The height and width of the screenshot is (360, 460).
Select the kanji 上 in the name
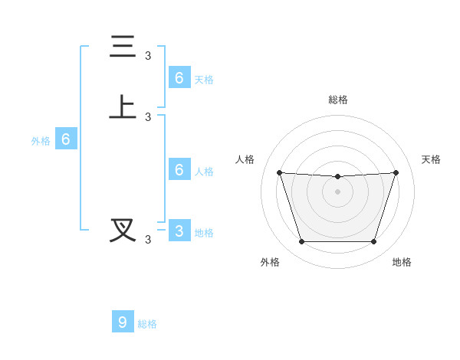123,107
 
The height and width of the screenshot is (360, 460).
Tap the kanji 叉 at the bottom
123,230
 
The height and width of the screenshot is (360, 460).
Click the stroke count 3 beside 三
148,55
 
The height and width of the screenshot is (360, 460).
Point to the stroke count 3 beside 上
148,116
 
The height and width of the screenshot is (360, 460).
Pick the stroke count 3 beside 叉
148,239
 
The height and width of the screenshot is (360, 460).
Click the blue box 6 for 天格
179,77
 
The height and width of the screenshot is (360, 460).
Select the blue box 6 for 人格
179,169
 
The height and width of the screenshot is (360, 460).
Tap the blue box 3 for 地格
179,231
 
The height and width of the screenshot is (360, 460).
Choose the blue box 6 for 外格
66,139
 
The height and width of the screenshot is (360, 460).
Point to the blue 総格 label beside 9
147,324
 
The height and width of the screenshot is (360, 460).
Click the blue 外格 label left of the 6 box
41,141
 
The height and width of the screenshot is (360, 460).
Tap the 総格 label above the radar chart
337,100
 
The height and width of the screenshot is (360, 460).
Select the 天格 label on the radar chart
431,159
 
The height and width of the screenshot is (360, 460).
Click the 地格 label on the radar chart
402,262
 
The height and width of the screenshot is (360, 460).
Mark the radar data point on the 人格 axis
279,172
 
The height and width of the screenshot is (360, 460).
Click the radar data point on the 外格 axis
301,242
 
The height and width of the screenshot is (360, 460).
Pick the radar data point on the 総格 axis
337,177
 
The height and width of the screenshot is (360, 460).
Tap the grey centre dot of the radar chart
337,191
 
